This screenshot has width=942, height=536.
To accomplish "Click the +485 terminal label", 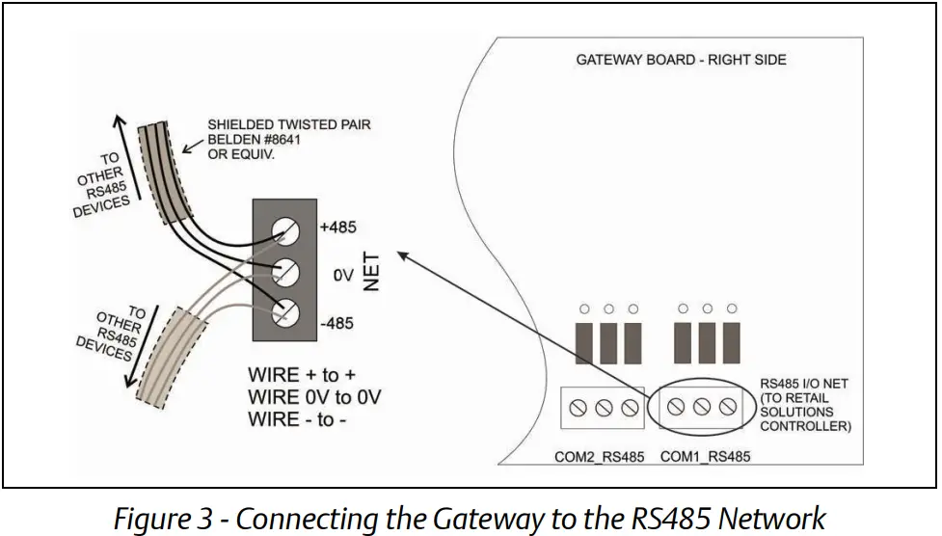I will click(337, 228).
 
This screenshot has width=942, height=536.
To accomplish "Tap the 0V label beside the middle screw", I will click(343, 276).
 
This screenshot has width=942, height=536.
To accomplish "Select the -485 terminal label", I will click(337, 323).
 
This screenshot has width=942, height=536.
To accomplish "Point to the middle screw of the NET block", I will click(285, 272).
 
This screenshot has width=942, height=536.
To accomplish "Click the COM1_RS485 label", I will click(705, 455).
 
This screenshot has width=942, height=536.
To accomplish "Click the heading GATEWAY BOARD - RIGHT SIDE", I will click(681, 60).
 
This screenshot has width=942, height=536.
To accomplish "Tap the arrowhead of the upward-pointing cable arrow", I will click(120, 121).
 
